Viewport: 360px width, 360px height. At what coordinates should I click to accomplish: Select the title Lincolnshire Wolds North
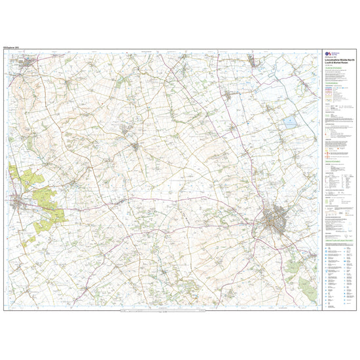(338, 62)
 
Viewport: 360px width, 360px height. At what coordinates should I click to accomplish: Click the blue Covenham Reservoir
(289, 122)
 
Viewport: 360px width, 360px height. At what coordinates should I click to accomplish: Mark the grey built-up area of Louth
(278, 219)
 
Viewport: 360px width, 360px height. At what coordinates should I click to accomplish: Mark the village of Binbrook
(135, 145)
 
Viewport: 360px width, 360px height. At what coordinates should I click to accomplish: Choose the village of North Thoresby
(230, 96)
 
